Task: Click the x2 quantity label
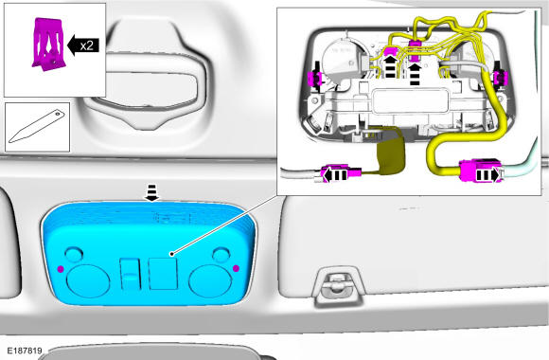(87, 45)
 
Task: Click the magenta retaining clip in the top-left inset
(48, 44)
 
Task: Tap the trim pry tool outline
(37, 127)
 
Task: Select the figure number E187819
(25, 351)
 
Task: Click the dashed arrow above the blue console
(151, 193)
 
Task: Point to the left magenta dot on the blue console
(61, 269)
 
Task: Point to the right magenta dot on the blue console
(236, 268)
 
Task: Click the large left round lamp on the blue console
(88, 281)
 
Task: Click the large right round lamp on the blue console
(210, 281)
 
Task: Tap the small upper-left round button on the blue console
(74, 255)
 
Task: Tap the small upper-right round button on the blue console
(221, 255)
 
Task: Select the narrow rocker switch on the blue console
(130, 275)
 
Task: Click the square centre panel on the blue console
(163, 274)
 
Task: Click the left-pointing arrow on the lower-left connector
(334, 174)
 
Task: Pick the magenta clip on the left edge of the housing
(312, 79)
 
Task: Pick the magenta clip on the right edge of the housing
(501, 78)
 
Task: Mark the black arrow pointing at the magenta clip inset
(82, 45)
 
